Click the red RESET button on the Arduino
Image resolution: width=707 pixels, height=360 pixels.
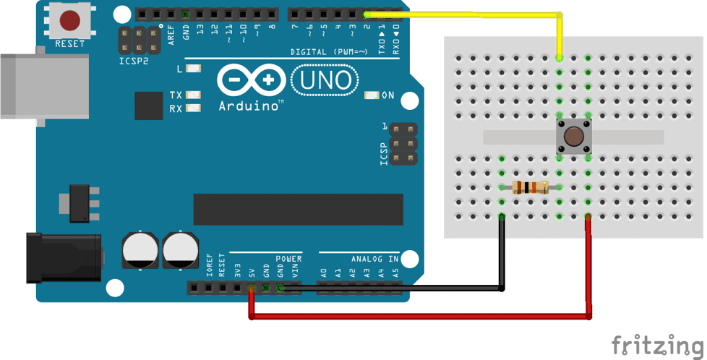click(x=70, y=20)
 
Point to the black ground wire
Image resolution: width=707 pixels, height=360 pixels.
click(x=500, y=260)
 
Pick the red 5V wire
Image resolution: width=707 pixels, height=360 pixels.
click(x=419, y=316)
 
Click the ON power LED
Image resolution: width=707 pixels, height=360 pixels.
click(x=372, y=95)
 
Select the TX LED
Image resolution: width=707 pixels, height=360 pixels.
click(x=193, y=95)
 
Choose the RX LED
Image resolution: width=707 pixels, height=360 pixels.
click(x=193, y=108)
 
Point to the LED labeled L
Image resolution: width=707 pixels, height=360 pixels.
click(x=193, y=69)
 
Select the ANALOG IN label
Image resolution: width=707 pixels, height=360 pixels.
click(x=375, y=259)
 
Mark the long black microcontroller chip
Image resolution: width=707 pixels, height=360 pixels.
click(x=298, y=210)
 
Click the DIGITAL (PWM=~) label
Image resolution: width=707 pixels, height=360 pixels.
click(x=329, y=52)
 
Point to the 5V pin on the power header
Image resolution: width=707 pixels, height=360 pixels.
click(x=252, y=288)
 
